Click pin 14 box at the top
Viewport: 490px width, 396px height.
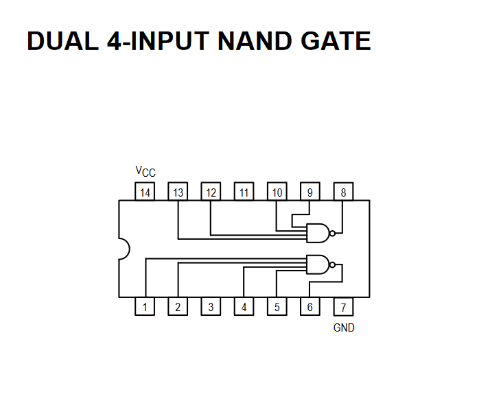pyautogui.click(x=145, y=192)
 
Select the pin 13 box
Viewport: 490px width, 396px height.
pyautogui.click(x=178, y=192)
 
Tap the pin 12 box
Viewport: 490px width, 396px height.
pyautogui.click(x=211, y=192)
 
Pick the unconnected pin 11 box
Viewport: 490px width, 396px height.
pyautogui.click(x=244, y=192)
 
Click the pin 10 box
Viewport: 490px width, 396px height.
pyautogui.click(x=277, y=192)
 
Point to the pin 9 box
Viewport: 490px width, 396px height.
pyautogui.click(x=310, y=192)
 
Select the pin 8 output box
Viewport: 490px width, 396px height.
pyautogui.click(x=343, y=192)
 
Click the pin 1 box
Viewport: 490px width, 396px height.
pyautogui.click(x=145, y=306)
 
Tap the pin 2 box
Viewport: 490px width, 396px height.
pyautogui.click(x=178, y=306)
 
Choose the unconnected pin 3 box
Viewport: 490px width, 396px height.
pyautogui.click(x=211, y=306)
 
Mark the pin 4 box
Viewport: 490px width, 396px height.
pyautogui.click(x=244, y=306)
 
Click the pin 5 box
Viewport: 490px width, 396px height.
pyautogui.click(x=277, y=306)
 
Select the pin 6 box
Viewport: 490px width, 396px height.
pyautogui.click(x=310, y=306)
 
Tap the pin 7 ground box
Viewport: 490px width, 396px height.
pyautogui.click(x=343, y=306)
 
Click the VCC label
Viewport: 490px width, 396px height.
pyautogui.click(x=145, y=171)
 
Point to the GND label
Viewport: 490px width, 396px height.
pyautogui.click(x=344, y=328)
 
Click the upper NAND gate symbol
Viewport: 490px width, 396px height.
pyautogui.click(x=318, y=234)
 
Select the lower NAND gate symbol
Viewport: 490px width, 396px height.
pyautogui.click(x=318, y=264)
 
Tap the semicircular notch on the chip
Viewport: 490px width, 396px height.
pyautogui.click(x=124, y=249)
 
